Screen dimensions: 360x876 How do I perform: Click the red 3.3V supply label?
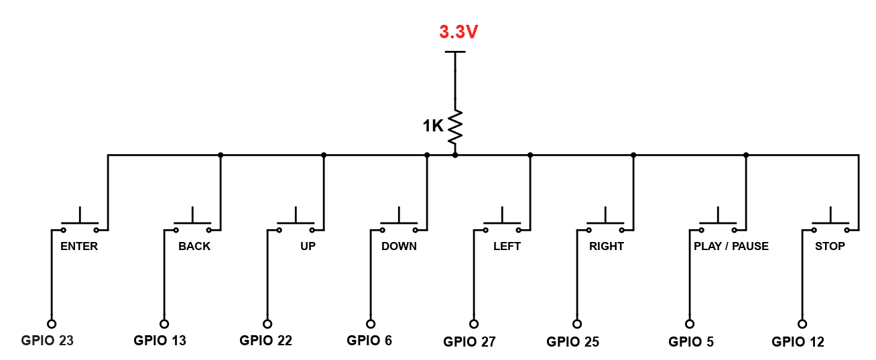click(458, 32)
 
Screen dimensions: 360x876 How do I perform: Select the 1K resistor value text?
click(433, 125)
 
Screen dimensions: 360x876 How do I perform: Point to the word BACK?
click(194, 246)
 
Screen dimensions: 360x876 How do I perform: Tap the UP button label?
click(308, 246)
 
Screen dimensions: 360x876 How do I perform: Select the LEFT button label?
click(507, 246)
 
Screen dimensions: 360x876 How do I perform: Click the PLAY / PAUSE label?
click(731, 246)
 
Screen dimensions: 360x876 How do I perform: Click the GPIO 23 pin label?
click(47, 341)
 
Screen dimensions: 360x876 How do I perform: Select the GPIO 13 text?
click(160, 341)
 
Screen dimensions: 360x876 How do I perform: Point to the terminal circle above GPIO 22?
click(267, 323)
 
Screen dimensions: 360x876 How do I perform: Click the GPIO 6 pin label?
click(369, 341)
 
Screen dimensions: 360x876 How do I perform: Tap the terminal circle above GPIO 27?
click(474, 324)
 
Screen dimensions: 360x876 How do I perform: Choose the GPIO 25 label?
click(573, 342)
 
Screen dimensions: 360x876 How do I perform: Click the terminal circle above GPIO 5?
click(688, 323)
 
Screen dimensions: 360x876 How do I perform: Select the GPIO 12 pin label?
click(798, 342)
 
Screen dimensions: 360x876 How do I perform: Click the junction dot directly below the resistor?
click(455, 155)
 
